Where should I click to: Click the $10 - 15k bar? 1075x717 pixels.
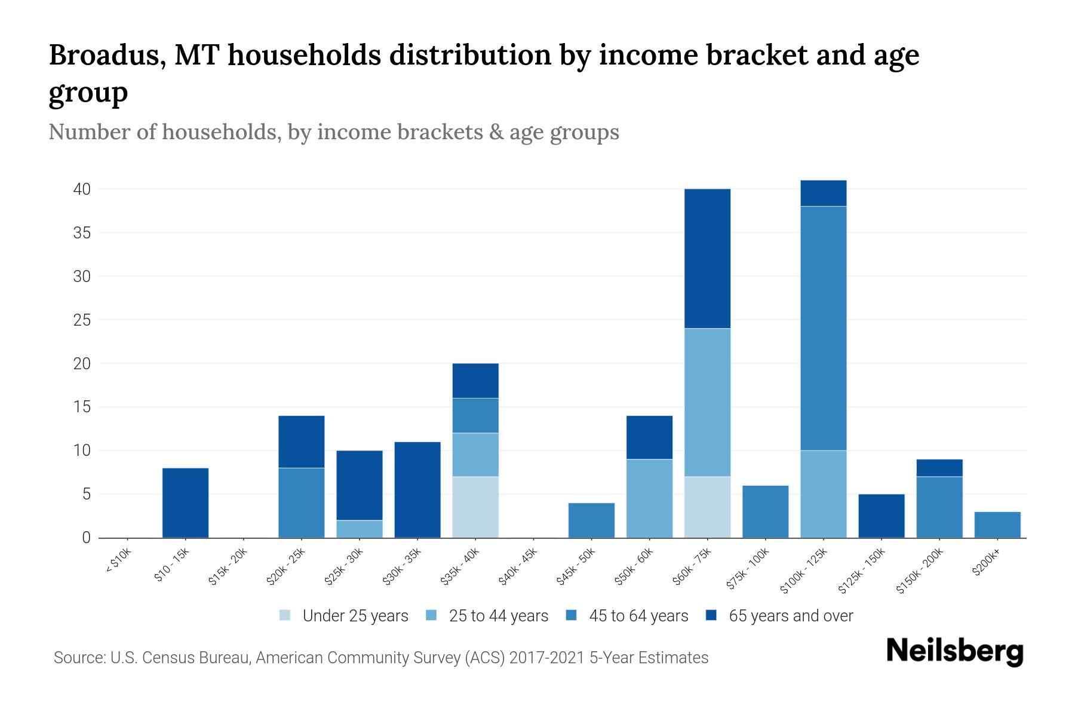pyautogui.click(x=185, y=502)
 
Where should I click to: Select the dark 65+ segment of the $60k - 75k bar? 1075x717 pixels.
pyautogui.click(x=707, y=258)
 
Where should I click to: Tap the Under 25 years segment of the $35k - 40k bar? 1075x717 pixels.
pyautogui.click(x=475, y=507)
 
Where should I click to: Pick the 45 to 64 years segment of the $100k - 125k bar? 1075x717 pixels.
pyautogui.click(x=823, y=328)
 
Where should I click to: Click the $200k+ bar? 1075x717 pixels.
pyautogui.click(x=997, y=525)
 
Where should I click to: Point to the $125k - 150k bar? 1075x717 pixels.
pyautogui.click(x=881, y=516)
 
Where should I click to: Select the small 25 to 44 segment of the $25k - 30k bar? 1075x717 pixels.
pyautogui.click(x=360, y=529)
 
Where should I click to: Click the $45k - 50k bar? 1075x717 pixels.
pyautogui.click(x=591, y=520)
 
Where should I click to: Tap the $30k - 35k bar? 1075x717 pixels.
pyautogui.click(x=417, y=489)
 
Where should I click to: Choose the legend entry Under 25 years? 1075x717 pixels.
pyautogui.click(x=355, y=616)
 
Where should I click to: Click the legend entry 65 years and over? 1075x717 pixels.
pyautogui.click(x=790, y=616)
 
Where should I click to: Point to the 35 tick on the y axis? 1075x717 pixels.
pyautogui.click(x=82, y=233)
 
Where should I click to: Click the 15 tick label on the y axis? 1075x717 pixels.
pyautogui.click(x=82, y=407)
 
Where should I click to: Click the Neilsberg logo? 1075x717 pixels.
pyautogui.click(x=954, y=651)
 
